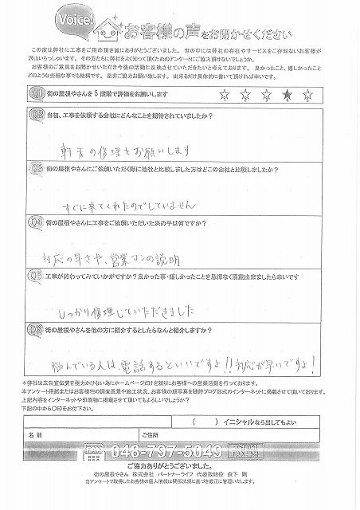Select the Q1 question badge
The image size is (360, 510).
pyautogui.click(x=37, y=93)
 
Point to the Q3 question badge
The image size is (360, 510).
pyautogui.click(x=37, y=170)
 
